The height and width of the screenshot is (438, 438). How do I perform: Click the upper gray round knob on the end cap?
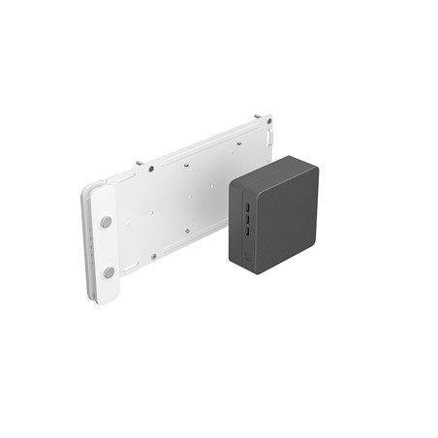tap(106, 222)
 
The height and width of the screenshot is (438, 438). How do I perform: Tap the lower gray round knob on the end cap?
tap(109, 273)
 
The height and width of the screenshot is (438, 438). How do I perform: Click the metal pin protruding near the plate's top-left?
tap(140, 162)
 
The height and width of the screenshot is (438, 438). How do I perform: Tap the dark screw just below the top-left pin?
tap(151, 169)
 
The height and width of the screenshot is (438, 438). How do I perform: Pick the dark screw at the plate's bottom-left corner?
tap(153, 256)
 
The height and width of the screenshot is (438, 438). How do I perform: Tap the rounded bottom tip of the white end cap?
tap(109, 299)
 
